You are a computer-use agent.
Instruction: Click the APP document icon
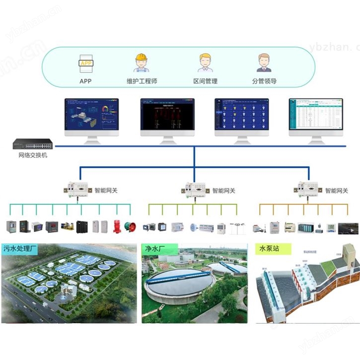(x=85, y=64)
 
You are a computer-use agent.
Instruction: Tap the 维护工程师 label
(x=142, y=81)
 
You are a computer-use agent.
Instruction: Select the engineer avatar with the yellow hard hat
(x=142, y=63)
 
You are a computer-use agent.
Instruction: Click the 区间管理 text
(x=205, y=81)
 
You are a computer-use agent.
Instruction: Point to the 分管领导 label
(x=264, y=81)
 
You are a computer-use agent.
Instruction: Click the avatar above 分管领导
(x=264, y=63)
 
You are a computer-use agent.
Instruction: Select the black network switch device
(x=32, y=144)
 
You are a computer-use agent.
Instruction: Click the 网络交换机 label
(x=32, y=155)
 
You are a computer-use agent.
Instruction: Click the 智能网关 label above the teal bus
(x=106, y=190)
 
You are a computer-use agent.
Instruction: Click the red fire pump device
(x=118, y=226)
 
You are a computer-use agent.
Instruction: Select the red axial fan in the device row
(x=130, y=227)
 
